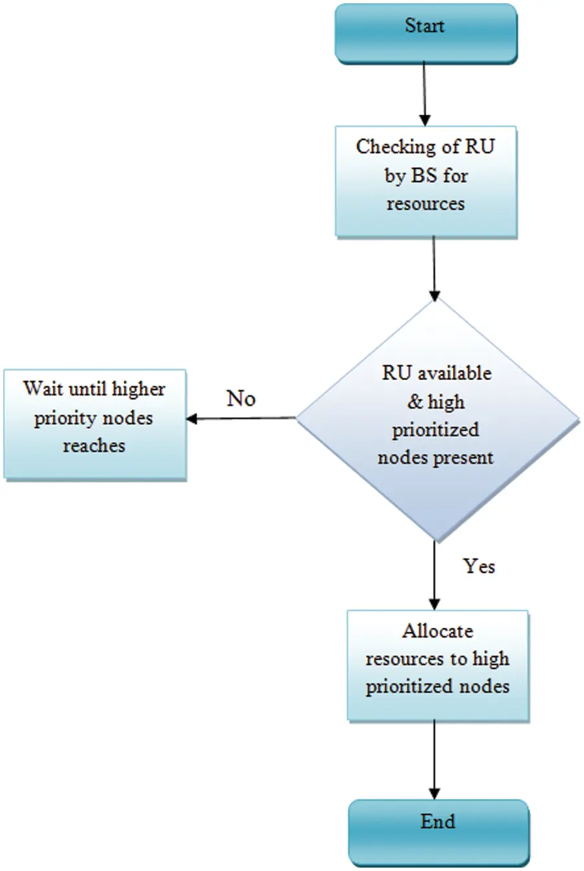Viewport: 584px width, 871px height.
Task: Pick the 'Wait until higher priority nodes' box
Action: click(95, 424)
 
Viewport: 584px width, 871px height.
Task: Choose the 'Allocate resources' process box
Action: click(437, 665)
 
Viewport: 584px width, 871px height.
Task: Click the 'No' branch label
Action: click(241, 398)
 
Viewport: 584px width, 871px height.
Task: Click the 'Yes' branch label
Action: click(479, 566)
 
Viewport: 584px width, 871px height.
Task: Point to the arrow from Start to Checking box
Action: click(424, 94)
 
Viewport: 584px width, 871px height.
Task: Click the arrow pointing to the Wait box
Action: click(240, 418)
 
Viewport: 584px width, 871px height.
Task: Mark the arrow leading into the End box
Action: click(434, 759)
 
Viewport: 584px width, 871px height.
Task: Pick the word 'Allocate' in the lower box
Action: click(437, 630)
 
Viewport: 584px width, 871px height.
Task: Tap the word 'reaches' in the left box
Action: click(93, 446)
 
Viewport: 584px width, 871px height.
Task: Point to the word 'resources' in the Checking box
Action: click(426, 204)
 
